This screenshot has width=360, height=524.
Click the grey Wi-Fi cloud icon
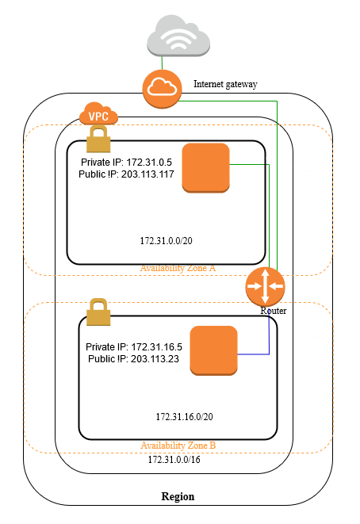pos(178,36)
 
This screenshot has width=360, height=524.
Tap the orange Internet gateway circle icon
pos(162,89)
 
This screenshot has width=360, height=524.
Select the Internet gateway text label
pos(225,84)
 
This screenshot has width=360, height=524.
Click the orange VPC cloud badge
pos(98,114)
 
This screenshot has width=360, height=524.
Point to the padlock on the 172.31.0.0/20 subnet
pos(98,139)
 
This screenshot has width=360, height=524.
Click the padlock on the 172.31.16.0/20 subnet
pos(98,312)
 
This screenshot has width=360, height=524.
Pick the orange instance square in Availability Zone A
pos(205,168)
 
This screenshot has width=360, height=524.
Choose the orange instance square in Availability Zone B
pos(213,350)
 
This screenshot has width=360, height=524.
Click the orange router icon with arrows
pos(265,286)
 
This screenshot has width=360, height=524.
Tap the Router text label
pos(274,311)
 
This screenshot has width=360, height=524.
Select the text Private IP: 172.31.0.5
pos(126,163)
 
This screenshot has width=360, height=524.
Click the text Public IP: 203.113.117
pos(126,174)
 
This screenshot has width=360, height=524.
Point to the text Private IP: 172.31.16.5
pos(134,347)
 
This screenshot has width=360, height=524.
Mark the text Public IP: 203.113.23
pos(134,359)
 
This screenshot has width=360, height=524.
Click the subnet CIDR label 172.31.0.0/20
pos(167,241)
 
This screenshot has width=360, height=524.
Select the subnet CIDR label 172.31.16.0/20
pos(184,417)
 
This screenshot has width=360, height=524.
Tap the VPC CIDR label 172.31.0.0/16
pos(174,460)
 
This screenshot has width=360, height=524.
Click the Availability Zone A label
pos(178,268)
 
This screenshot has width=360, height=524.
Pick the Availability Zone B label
pos(178,446)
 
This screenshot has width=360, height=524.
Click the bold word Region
pos(178,496)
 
